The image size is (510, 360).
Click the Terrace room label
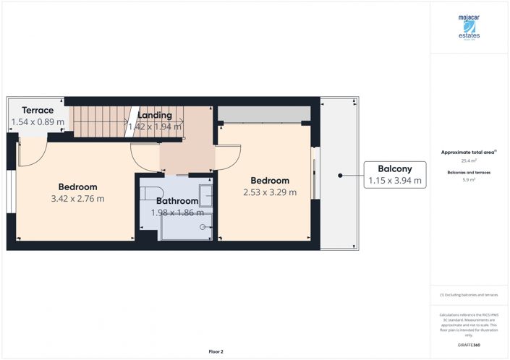click(37, 110)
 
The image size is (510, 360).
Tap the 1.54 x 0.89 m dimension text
click(37, 122)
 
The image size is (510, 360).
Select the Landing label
click(155, 115)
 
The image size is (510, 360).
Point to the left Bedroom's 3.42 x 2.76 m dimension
click(77, 199)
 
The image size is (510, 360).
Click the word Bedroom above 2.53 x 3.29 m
click(270, 181)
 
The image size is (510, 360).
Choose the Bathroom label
click(177, 201)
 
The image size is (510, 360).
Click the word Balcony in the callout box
click(394, 169)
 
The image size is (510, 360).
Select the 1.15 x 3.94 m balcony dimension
click(394, 181)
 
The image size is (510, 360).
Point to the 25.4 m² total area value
click(469, 160)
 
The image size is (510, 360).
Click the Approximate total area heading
click(467, 153)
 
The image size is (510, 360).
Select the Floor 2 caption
click(216, 351)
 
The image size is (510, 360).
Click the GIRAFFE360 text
click(469, 346)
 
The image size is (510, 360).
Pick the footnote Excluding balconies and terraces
click(469, 295)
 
